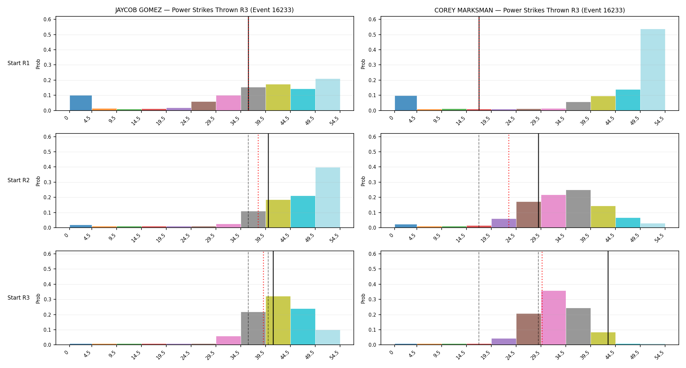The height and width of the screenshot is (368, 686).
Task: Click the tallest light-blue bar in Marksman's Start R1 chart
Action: click(653, 70)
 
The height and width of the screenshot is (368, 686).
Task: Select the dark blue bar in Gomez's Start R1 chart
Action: click(81, 103)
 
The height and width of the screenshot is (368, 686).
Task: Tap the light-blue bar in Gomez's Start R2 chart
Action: click(328, 198)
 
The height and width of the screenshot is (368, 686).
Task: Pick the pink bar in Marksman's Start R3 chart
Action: click(554, 318)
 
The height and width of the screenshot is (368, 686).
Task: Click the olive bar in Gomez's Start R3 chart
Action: click(278, 321)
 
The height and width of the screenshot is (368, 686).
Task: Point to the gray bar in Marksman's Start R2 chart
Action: click(578, 209)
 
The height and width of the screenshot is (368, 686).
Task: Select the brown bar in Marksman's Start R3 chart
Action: click(529, 329)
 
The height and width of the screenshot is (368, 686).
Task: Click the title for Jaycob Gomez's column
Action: click(204, 10)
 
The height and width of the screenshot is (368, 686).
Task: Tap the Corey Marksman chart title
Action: click(530, 10)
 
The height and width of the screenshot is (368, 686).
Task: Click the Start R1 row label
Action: click(19, 63)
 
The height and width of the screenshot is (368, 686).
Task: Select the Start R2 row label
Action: click(19, 180)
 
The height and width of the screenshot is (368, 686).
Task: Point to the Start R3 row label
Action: click(19, 298)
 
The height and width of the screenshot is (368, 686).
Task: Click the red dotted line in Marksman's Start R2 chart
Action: click(509, 181)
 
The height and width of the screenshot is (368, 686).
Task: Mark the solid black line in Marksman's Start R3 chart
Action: click(608, 298)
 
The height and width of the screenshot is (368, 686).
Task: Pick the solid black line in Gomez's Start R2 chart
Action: click(268, 181)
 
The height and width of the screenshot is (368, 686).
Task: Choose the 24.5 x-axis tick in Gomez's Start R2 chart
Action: click(185, 238)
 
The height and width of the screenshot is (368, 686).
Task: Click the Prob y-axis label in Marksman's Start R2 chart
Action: click(363, 181)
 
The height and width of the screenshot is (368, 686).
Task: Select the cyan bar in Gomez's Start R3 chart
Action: click(303, 327)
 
